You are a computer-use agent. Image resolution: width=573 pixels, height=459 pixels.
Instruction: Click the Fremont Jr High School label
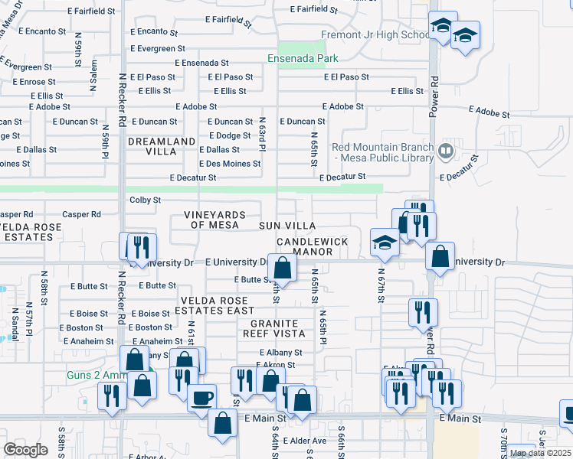point(375,34)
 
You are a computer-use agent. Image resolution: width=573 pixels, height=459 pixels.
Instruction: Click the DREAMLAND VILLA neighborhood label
point(162,147)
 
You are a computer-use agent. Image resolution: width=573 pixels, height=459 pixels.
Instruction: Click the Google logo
point(25,449)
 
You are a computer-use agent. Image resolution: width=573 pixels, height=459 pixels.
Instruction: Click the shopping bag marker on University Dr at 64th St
point(283,268)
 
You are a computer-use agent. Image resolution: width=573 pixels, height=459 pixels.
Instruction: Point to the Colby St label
point(145,200)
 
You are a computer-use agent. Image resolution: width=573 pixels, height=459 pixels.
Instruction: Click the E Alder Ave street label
point(304,441)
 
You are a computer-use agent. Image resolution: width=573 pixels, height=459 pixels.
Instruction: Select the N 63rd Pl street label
point(261,135)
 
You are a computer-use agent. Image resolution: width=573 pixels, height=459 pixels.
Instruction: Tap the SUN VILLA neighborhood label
point(286,226)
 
